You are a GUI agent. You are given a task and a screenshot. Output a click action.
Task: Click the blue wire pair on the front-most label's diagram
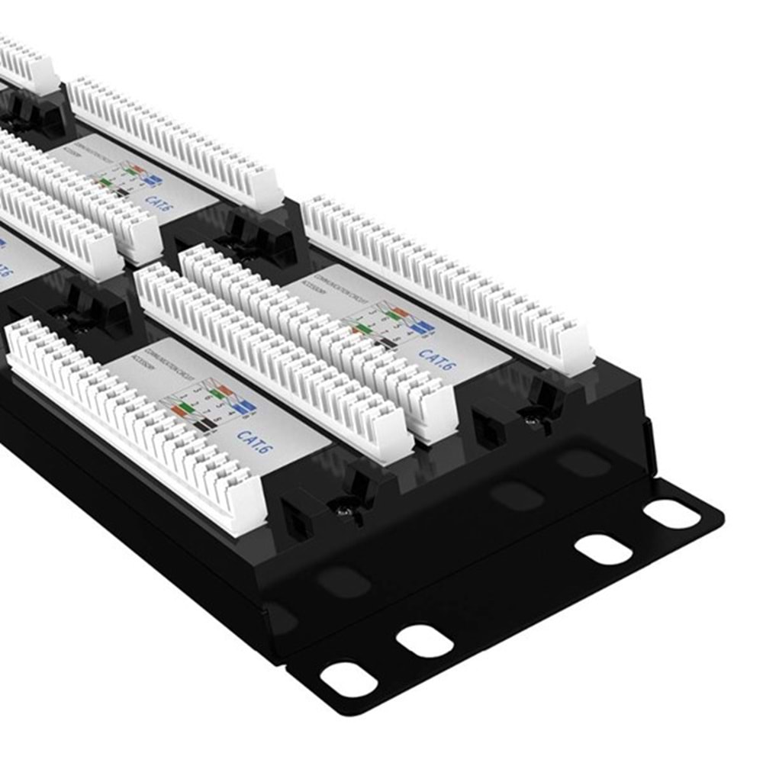click(x=243, y=407)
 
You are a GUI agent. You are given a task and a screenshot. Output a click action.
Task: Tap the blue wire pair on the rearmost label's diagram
click(x=153, y=181)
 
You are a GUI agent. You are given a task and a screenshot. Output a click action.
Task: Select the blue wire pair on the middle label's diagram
click(x=421, y=326)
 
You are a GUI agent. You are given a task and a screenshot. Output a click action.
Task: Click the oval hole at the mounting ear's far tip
click(x=671, y=513)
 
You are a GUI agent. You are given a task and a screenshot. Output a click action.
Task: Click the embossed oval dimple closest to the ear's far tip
click(x=584, y=462)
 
